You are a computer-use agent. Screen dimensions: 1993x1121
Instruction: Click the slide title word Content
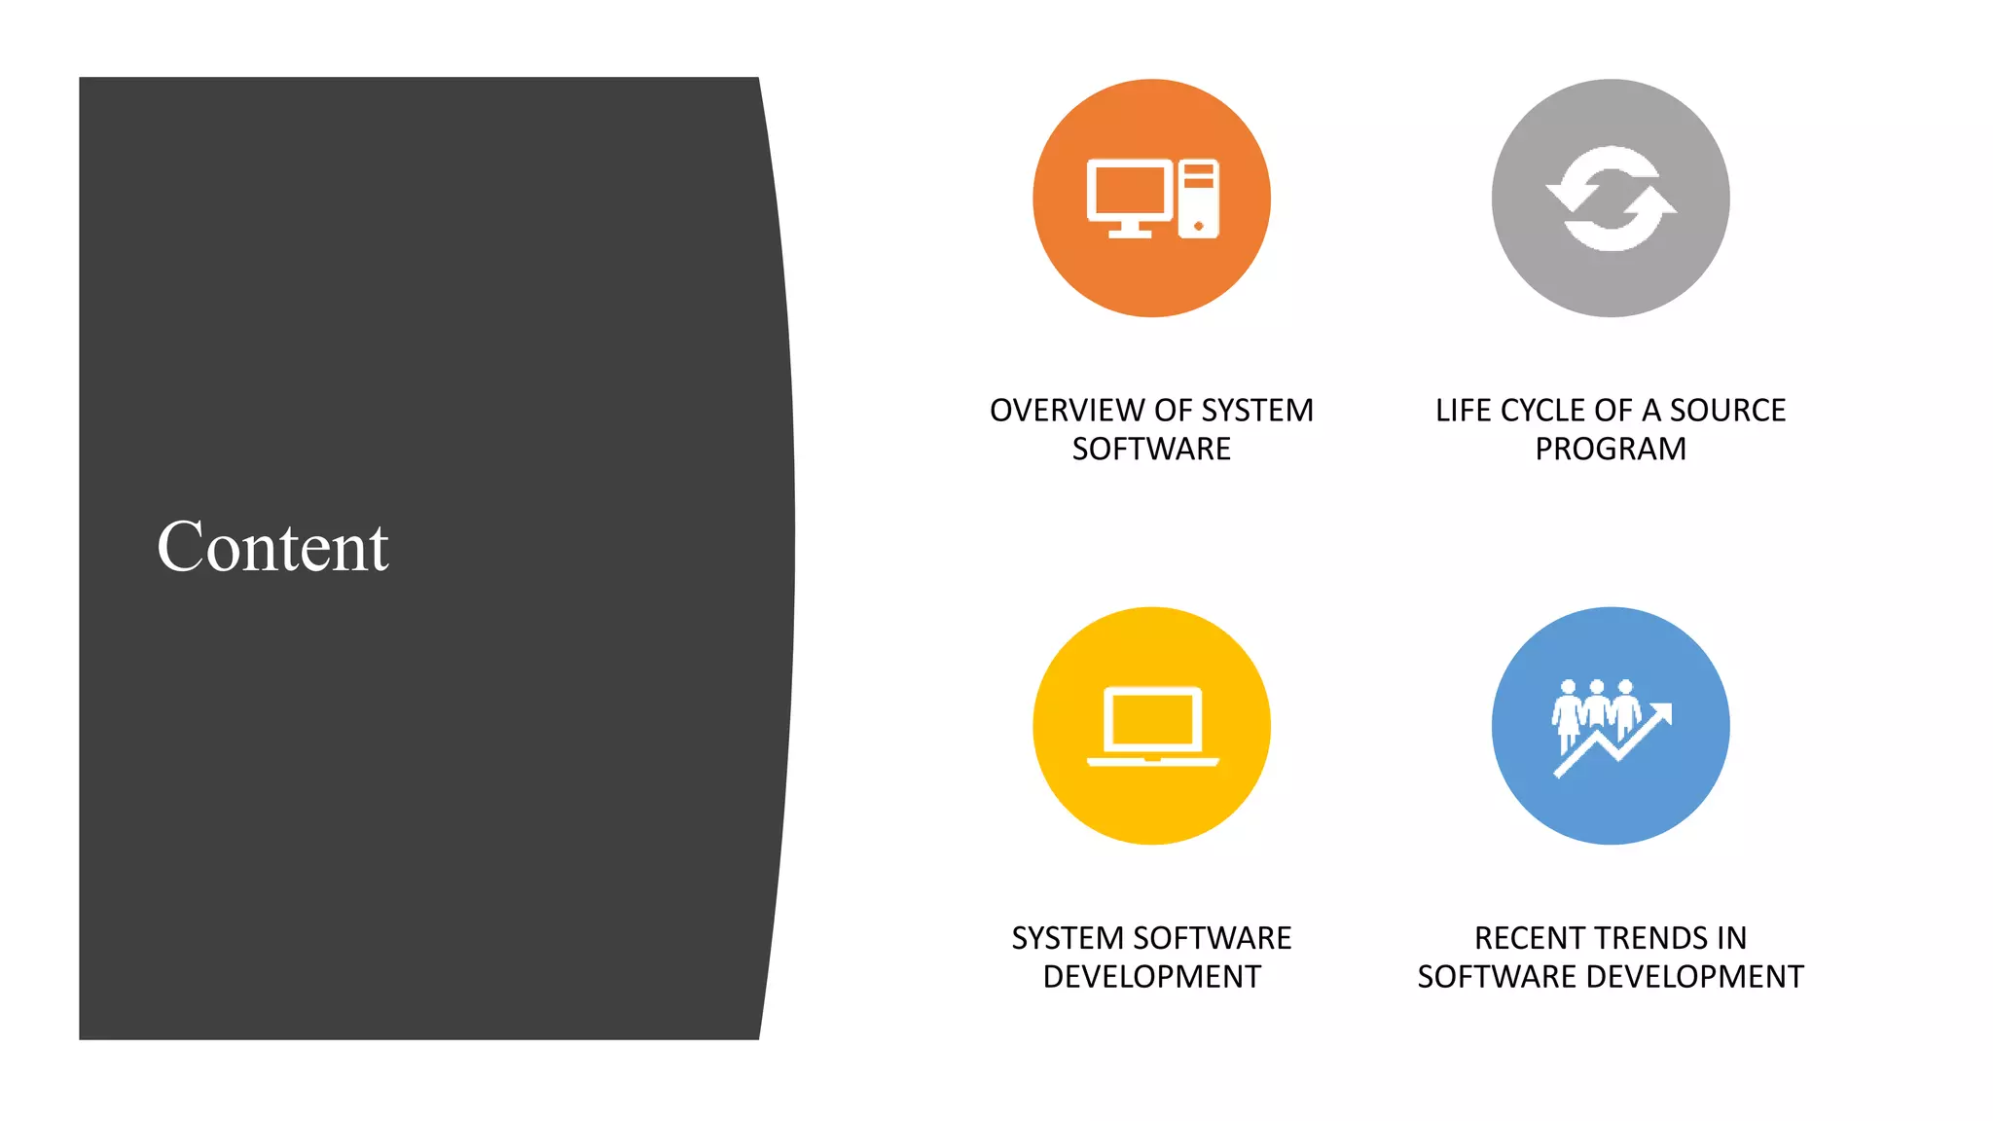[272, 547]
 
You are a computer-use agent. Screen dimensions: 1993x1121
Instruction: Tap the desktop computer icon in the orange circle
[1152, 199]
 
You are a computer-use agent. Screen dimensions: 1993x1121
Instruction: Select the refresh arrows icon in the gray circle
[1611, 199]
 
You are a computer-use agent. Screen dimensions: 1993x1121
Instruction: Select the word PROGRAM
[1611, 450]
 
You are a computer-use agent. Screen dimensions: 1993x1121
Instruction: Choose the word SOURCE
[1728, 411]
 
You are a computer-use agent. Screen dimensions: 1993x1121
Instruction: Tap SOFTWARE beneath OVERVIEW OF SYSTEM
[1151, 450]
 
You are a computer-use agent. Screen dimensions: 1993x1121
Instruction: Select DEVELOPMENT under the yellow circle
[1152, 977]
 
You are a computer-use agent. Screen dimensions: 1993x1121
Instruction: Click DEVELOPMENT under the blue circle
[1694, 977]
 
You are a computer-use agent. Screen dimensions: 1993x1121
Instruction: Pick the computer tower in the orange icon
[1199, 199]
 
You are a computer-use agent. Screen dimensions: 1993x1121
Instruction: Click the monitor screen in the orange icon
[1129, 191]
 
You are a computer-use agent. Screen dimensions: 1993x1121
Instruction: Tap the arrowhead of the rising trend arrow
[1663, 712]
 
